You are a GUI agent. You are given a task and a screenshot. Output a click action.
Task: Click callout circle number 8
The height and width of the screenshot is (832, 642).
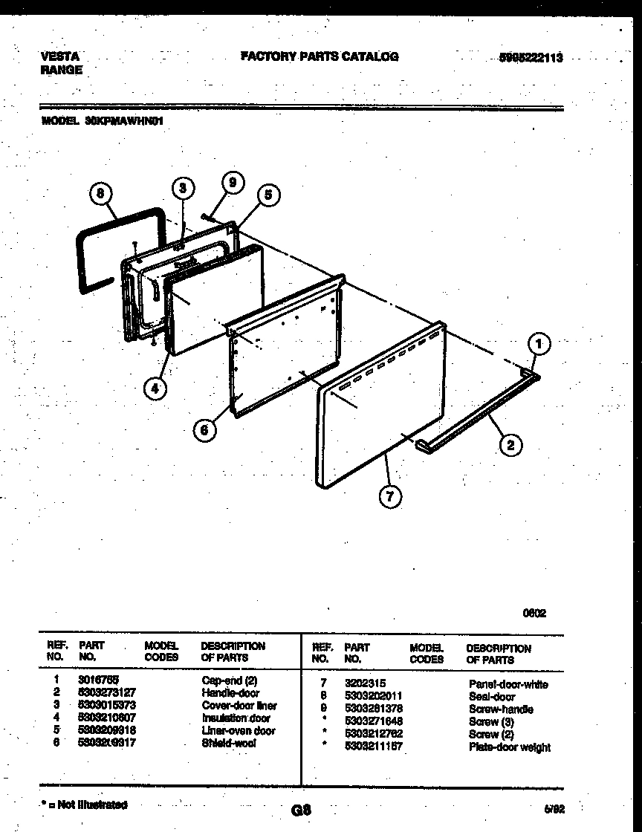[100, 194]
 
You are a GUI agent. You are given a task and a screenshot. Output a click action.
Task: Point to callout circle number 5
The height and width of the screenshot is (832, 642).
[268, 195]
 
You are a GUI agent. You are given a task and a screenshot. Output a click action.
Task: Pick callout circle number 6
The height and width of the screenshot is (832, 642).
[207, 429]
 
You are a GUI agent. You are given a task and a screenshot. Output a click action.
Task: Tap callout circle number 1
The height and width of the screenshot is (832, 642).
[540, 344]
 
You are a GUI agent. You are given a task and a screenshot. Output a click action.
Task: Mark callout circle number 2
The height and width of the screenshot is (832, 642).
[510, 444]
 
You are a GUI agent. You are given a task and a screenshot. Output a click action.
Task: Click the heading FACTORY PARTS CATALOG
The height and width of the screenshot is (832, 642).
[320, 56]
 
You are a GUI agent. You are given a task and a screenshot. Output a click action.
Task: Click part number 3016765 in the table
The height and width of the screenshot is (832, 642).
[97, 680]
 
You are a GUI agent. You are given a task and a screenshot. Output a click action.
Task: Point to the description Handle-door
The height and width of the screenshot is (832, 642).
[230, 692]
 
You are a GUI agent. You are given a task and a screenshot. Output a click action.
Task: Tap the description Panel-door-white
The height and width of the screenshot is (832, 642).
[508, 684]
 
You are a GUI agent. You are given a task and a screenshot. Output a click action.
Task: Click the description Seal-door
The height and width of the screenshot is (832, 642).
[492, 697]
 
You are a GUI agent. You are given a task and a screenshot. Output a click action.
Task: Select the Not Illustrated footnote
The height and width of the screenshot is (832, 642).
[84, 805]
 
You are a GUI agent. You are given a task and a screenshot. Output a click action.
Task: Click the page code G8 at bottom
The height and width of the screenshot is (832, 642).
[302, 810]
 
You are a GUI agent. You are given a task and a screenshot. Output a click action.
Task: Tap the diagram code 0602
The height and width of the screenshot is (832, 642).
[534, 614]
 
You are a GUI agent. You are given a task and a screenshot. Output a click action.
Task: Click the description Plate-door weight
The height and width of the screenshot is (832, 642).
[510, 747]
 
